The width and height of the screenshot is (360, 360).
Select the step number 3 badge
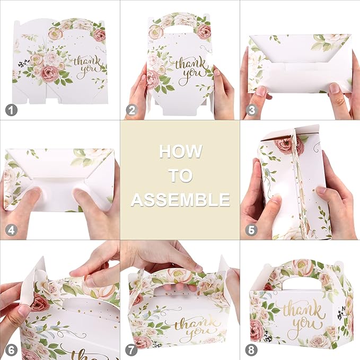pyautogui.click(x=251, y=110)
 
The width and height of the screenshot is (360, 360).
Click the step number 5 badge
pyautogui.click(x=251, y=231)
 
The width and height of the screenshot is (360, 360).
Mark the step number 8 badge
pyautogui.click(x=251, y=350)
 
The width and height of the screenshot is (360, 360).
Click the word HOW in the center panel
pyautogui.click(x=180, y=151)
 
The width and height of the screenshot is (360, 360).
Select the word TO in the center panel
pyautogui.click(x=180, y=175)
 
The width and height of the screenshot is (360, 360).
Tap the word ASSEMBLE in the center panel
pyautogui.click(x=180, y=200)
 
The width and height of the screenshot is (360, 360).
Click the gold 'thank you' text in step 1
pyautogui.click(x=88, y=65)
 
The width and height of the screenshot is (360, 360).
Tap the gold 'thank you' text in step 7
pyautogui.click(x=192, y=322)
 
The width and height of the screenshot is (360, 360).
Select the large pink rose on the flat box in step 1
pyautogui.click(x=49, y=73)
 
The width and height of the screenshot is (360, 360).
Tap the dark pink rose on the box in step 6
pyautogui.click(x=40, y=303)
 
